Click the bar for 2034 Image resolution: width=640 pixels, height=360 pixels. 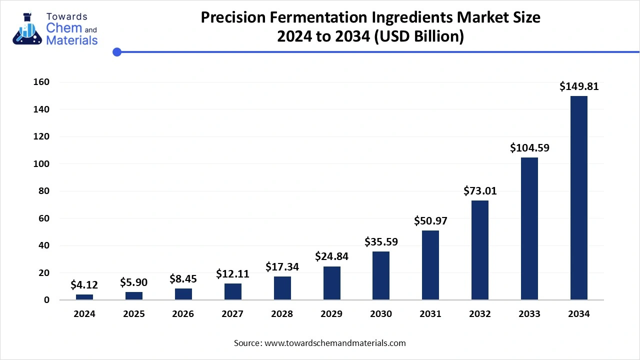click(x=579, y=197)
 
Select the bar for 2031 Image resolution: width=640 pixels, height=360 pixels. click(x=430, y=265)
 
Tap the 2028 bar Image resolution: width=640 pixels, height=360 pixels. click(x=282, y=288)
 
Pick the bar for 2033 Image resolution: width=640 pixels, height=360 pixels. click(x=529, y=228)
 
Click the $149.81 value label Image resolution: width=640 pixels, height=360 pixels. click(x=579, y=86)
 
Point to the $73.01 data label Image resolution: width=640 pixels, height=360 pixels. click(x=480, y=190)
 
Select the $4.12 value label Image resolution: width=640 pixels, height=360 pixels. click(x=84, y=285)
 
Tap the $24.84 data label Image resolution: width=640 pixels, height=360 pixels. click(x=331, y=256)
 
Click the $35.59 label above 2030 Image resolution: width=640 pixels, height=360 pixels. click(x=381, y=242)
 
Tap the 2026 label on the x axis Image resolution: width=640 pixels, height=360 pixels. click(x=183, y=314)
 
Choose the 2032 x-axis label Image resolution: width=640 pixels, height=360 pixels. click(x=480, y=314)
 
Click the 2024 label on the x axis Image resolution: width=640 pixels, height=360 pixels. click(x=84, y=314)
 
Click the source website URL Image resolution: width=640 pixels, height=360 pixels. click(x=335, y=343)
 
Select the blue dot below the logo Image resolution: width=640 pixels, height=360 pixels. click(x=117, y=51)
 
